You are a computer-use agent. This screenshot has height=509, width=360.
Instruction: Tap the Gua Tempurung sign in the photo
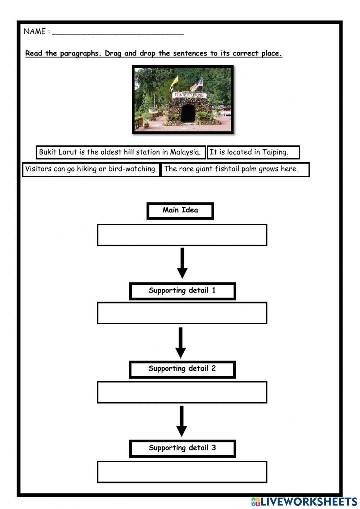click(x=189, y=95)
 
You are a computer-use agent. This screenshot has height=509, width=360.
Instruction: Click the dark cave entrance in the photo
click(x=188, y=113)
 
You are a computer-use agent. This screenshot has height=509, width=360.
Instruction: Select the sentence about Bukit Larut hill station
click(x=120, y=152)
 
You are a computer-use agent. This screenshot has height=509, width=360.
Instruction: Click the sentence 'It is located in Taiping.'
click(x=253, y=152)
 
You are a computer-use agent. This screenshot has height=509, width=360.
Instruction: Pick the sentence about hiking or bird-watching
click(x=91, y=169)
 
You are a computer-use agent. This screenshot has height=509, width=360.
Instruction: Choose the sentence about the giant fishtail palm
click(x=235, y=169)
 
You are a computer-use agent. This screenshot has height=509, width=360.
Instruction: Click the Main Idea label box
click(x=180, y=210)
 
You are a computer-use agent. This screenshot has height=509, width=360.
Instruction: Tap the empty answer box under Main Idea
click(x=182, y=235)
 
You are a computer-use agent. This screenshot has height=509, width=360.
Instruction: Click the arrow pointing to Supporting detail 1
click(x=182, y=263)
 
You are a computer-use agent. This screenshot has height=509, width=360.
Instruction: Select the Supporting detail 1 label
click(x=182, y=291)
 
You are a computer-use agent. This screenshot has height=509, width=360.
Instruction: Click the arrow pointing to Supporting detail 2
click(x=180, y=342)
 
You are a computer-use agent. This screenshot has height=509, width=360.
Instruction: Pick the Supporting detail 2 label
click(x=182, y=369)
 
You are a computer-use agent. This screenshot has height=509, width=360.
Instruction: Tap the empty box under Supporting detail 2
click(x=182, y=392)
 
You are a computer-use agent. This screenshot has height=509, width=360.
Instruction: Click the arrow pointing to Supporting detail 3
click(x=181, y=421)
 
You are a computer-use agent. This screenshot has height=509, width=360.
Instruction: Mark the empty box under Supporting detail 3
click(x=182, y=472)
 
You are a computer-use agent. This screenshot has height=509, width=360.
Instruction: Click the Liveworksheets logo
click(x=304, y=501)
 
